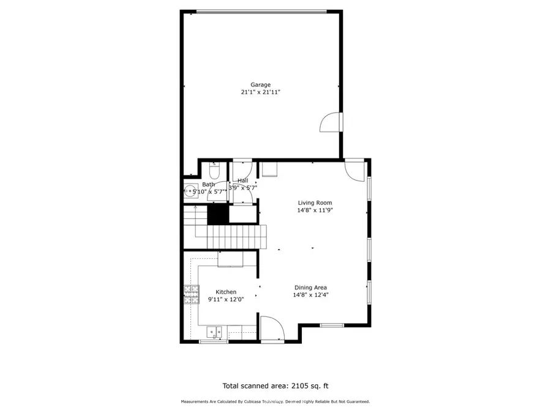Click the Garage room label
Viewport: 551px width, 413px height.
[260, 84]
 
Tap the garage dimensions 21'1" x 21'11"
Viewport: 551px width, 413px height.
[260, 92]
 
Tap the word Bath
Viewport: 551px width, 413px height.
[209, 184]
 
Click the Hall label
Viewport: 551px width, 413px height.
[243, 180]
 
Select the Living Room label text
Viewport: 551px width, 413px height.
[315, 203]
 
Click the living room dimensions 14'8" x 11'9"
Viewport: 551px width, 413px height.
[315, 210]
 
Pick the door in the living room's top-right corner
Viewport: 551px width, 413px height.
[354, 168]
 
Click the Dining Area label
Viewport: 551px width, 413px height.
[310, 288]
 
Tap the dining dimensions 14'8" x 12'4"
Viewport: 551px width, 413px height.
[310, 295]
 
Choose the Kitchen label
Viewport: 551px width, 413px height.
[225, 292]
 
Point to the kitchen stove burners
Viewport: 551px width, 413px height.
[190, 296]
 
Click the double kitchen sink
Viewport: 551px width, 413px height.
[214, 331]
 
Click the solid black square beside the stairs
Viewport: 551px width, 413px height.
[217, 214]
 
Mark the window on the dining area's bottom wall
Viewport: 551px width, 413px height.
[332, 325]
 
